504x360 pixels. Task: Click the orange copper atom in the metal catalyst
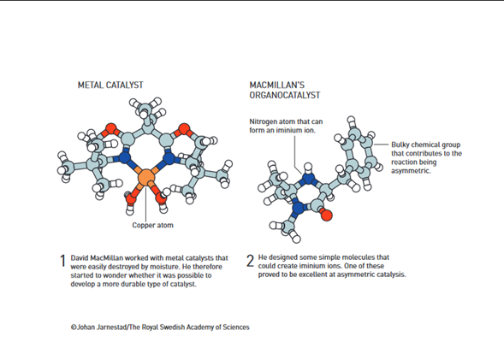pyautogui.click(x=146, y=178)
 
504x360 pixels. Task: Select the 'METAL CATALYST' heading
pyautogui.click(x=110, y=86)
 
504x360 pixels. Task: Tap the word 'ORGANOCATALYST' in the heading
pyautogui.click(x=285, y=96)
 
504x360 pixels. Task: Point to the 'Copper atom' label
pyautogui.click(x=152, y=225)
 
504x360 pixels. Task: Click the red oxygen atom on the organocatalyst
pyautogui.click(x=326, y=215)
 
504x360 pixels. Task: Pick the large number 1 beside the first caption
pyautogui.click(x=62, y=261)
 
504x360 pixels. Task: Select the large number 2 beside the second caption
pyautogui.click(x=250, y=261)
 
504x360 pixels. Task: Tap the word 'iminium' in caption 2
pyautogui.click(x=311, y=266)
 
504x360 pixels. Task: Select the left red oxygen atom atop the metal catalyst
pyautogui.click(x=110, y=129)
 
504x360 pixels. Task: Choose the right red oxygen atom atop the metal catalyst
pyautogui.click(x=184, y=129)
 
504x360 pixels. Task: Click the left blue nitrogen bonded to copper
pyautogui.click(x=124, y=158)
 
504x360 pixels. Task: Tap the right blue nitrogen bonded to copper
pyautogui.click(x=169, y=158)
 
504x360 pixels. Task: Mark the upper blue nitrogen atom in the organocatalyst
pyautogui.click(x=308, y=178)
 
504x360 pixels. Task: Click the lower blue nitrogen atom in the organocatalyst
pyautogui.click(x=298, y=208)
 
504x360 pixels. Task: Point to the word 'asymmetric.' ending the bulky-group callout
pyautogui.click(x=411, y=170)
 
